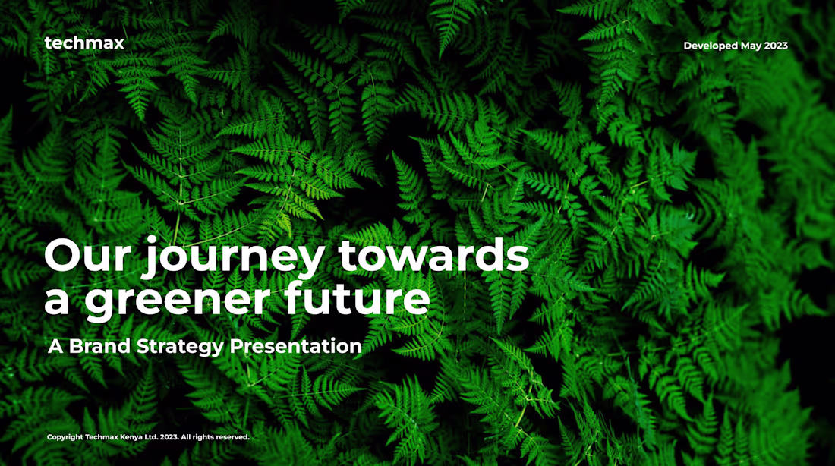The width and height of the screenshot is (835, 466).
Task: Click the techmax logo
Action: [83, 43]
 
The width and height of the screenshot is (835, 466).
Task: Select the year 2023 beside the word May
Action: [776, 46]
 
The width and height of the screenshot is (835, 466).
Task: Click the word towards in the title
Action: [433, 255]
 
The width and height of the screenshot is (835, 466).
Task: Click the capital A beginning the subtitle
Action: [55, 347]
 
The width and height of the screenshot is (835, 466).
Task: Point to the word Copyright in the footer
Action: [65, 437]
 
